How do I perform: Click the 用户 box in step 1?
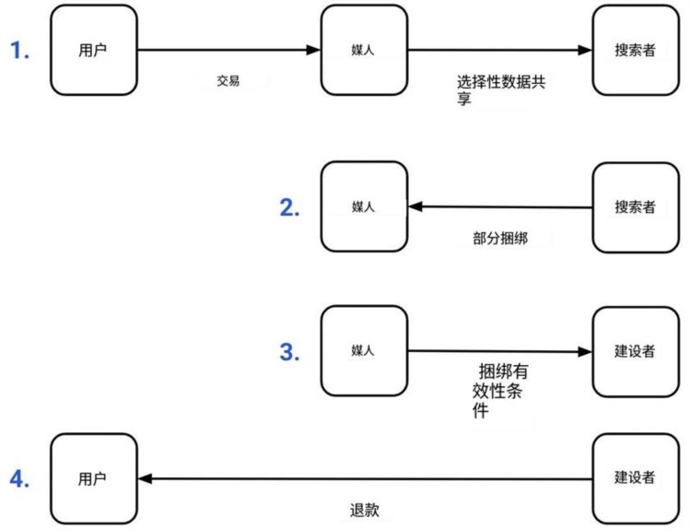pos(92,51)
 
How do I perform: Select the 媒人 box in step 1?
pos(364,51)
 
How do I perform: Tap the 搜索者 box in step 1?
pos(635,51)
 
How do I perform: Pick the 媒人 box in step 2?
pos(364,206)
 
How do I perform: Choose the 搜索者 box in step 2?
pos(635,207)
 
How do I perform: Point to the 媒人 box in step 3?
pos(364,350)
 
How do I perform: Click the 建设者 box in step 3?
pos(635,351)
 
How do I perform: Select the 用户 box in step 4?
pos(92,478)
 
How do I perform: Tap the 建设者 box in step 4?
pos(635,477)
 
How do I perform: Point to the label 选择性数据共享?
pos(501,89)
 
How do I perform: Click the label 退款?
pos(365,510)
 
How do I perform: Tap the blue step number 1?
pos(19,51)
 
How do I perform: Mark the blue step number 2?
pos(290,207)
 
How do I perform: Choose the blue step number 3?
pos(290,351)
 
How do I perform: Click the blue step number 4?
pos(19,478)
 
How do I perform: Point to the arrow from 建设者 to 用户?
pos(365,478)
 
